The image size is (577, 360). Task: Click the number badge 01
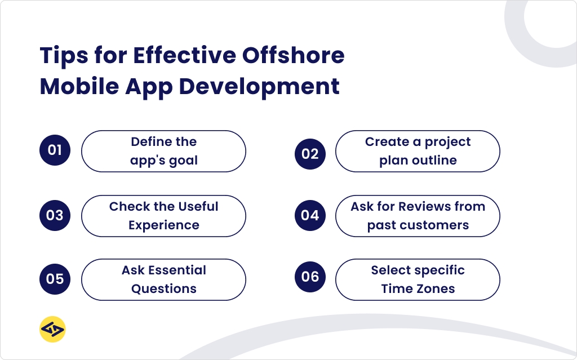55,150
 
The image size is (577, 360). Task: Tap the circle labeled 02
310,154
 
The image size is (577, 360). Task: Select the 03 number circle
55,215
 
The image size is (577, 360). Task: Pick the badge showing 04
310,215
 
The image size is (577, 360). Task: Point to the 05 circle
55,279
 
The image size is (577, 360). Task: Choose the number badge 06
310,277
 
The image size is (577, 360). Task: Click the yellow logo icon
52,330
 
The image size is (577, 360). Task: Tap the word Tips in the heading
63,56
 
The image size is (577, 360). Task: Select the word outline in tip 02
434,161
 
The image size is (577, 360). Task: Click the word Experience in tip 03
164,225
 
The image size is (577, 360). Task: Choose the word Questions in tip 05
164,289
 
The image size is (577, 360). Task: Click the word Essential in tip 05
177,270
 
